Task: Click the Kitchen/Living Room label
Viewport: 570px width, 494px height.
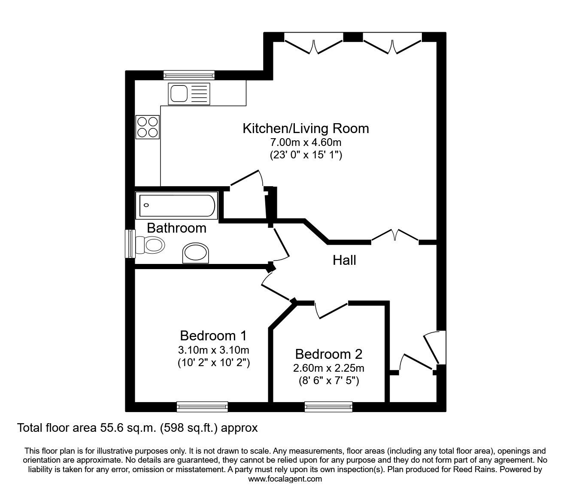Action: pyautogui.click(x=306, y=128)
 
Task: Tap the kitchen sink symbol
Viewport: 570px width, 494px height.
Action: pyautogui.click(x=189, y=94)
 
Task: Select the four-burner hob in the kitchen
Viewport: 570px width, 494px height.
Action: pyautogui.click(x=147, y=127)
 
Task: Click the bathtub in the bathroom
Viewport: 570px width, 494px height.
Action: pyautogui.click(x=176, y=205)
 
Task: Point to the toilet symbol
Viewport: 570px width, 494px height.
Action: pyautogui.click(x=150, y=245)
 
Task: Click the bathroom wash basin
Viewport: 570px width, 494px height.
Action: pyautogui.click(x=197, y=254)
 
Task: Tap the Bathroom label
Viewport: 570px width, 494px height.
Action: pyautogui.click(x=176, y=228)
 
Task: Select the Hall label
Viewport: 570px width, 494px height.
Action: pyautogui.click(x=344, y=260)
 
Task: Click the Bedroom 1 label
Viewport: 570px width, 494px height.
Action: pyautogui.click(x=213, y=335)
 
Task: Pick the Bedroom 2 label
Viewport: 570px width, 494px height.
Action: pyautogui.click(x=328, y=354)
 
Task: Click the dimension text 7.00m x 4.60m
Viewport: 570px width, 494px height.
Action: pyautogui.click(x=306, y=142)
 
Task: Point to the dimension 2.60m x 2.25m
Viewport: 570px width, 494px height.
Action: pyautogui.click(x=328, y=368)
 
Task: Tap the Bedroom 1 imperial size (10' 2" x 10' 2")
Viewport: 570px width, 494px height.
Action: pyautogui.click(x=213, y=363)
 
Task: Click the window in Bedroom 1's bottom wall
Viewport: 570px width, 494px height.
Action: pyautogui.click(x=202, y=406)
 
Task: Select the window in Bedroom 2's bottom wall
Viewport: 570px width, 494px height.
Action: pyautogui.click(x=328, y=406)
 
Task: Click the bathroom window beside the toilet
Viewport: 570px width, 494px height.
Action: pyautogui.click(x=130, y=244)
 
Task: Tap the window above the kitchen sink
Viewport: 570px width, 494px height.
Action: pyautogui.click(x=189, y=75)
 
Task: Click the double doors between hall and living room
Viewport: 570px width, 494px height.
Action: pyautogui.click(x=394, y=237)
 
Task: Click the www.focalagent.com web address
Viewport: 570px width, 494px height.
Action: pyautogui.click(x=285, y=479)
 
